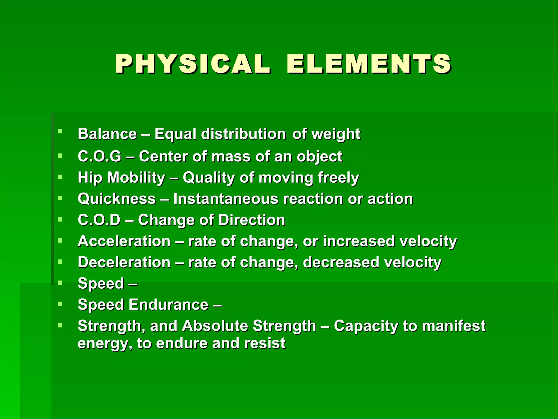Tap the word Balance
pos(107,134)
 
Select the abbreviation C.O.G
pos(99,157)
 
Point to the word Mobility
pos(136,178)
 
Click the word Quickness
pos(117,199)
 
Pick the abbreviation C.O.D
pos(99,220)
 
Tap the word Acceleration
pos(124,241)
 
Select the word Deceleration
pos(124,262)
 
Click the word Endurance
pos(169,304)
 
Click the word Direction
pos(252,220)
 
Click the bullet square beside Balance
pos(60,131)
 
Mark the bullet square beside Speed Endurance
pos(60,304)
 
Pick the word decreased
pos(341,262)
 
